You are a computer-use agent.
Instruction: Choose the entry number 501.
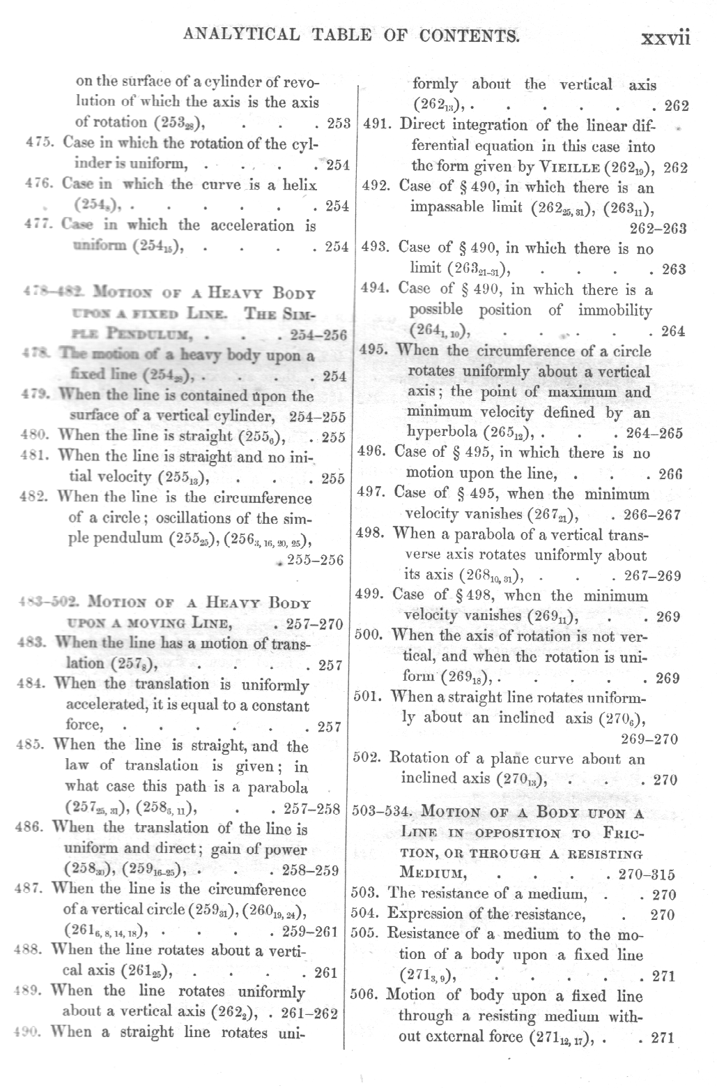368,697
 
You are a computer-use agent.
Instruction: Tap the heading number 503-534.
384,813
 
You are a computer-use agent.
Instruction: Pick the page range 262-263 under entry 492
657,229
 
